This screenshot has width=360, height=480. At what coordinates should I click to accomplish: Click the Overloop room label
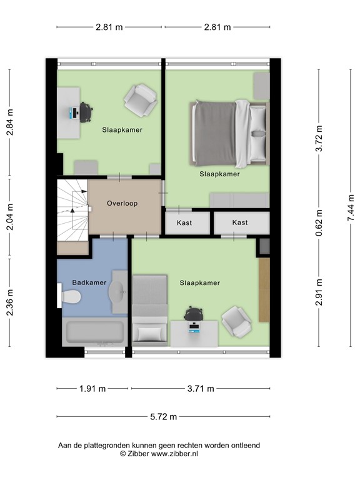click(x=122, y=203)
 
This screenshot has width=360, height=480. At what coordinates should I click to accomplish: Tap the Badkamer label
click(x=89, y=282)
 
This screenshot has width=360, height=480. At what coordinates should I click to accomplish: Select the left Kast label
click(x=184, y=223)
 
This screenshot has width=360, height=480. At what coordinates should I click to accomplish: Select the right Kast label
click(x=240, y=222)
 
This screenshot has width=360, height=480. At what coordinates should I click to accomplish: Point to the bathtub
click(x=95, y=332)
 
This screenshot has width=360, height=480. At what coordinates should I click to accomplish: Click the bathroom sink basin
click(x=117, y=291)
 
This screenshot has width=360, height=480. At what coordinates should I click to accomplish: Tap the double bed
click(x=229, y=134)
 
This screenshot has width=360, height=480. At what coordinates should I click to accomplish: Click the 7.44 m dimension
click(x=351, y=208)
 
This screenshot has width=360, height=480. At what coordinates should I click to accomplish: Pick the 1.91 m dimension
click(x=92, y=389)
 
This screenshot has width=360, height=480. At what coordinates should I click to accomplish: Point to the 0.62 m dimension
click(x=319, y=222)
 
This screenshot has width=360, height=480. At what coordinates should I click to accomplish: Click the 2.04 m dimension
click(x=10, y=217)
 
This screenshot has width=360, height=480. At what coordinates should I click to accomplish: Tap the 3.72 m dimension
click(x=319, y=138)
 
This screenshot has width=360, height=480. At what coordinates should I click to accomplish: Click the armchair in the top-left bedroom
click(x=141, y=100)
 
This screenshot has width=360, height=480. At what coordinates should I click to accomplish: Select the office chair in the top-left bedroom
click(x=86, y=112)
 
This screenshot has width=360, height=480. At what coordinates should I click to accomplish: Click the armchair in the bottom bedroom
click(x=236, y=322)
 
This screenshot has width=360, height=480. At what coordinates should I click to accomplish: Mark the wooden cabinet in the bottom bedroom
click(x=264, y=289)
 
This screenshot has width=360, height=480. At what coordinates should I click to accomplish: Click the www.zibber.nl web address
click(x=175, y=454)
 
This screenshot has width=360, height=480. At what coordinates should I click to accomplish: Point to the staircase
click(x=72, y=210)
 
